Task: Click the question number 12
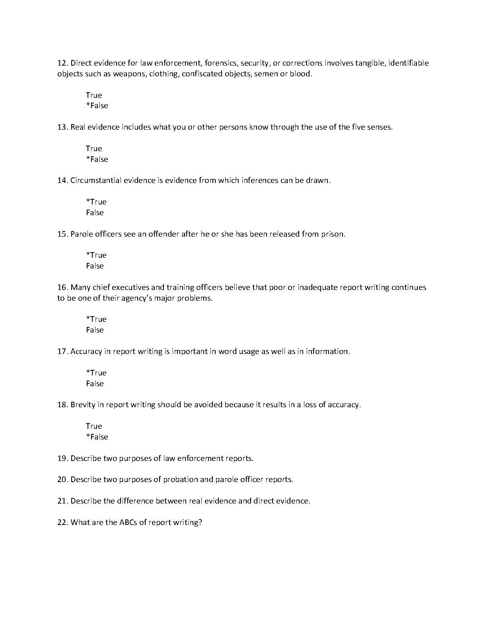pyautogui.click(x=63, y=63)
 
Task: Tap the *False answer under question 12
pyautogui.click(x=97, y=106)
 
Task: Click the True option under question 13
pyautogui.click(x=94, y=148)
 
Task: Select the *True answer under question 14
pyautogui.click(x=96, y=202)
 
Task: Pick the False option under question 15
pyautogui.click(x=95, y=266)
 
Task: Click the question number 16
pyautogui.click(x=63, y=287)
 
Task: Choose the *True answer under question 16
pyautogui.click(x=96, y=319)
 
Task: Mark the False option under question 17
pyautogui.click(x=95, y=383)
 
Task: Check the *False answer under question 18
pyautogui.click(x=97, y=437)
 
